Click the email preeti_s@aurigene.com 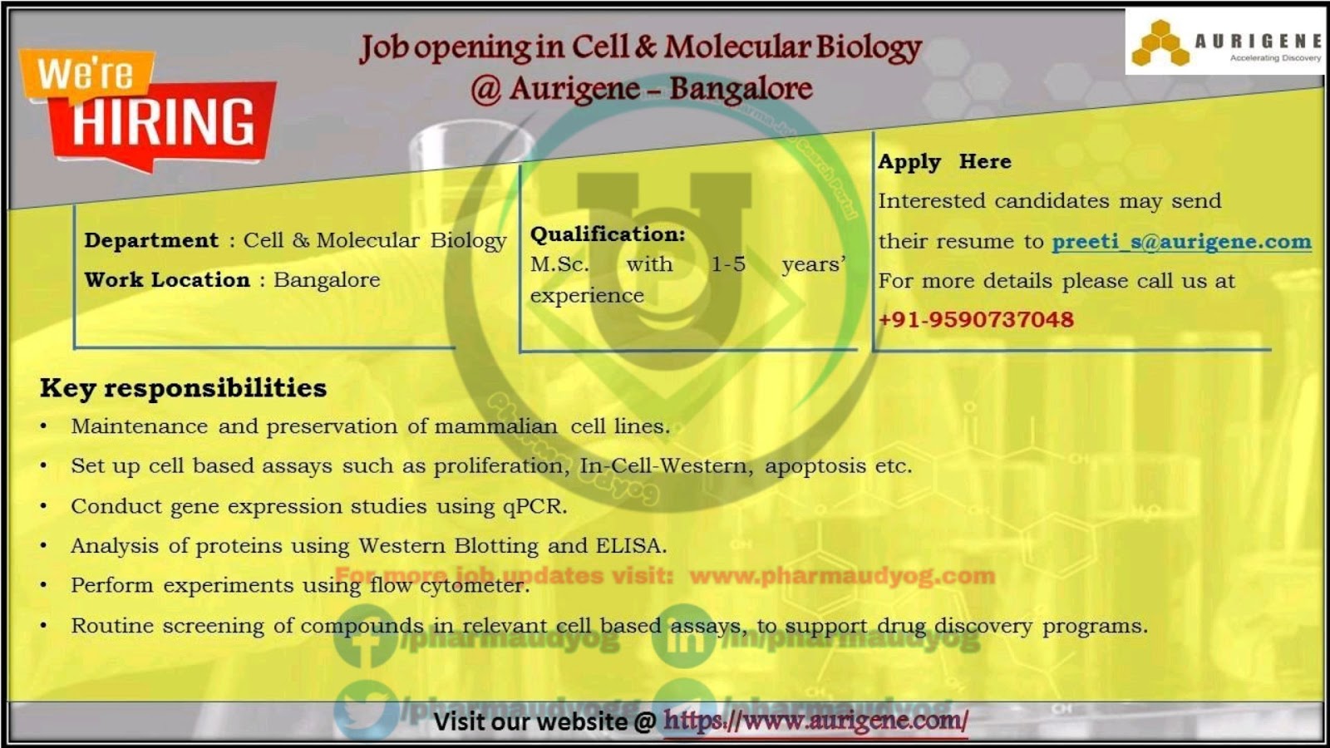click(x=1181, y=242)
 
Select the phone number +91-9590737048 click(x=976, y=319)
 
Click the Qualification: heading click(x=608, y=234)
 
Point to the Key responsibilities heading click(x=183, y=388)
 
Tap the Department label click(x=150, y=240)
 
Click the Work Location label click(x=167, y=280)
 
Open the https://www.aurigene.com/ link click(x=815, y=721)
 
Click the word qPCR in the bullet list click(x=534, y=506)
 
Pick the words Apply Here click(x=944, y=161)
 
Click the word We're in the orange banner click(x=85, y=73)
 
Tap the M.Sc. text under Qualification click(x=559, y=264)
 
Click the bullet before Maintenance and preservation click(x=44, y=427)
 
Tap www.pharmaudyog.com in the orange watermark click(x=842, y=575)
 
